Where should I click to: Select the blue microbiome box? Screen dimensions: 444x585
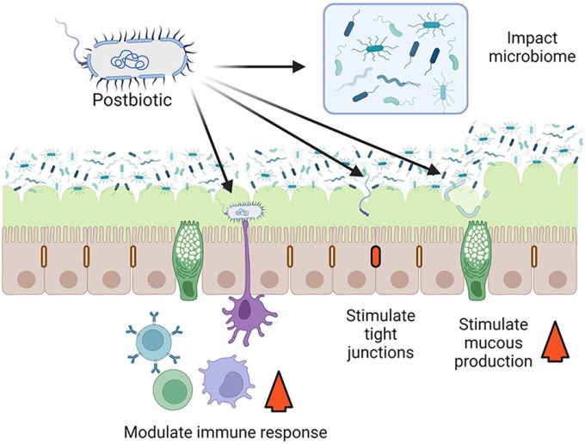(395, 58)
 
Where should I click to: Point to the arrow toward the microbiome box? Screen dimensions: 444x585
(258, 66)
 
